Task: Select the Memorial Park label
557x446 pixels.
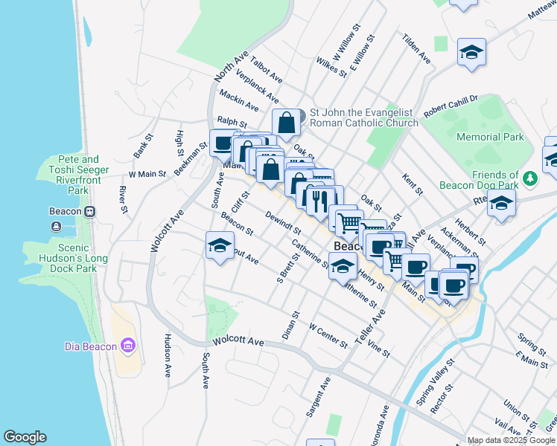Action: point(490,137)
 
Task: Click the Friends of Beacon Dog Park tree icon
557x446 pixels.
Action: point(529,178)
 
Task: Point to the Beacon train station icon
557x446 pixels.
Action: point(89,211)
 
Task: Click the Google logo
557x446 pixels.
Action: point(25,437)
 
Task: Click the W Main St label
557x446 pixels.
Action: point(146,174)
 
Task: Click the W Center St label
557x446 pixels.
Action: point(328,334)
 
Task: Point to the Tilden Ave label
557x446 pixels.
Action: point(416,47)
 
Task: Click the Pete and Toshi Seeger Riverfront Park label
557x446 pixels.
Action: point(78,175)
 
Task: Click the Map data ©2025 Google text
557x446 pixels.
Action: point(512,440)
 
